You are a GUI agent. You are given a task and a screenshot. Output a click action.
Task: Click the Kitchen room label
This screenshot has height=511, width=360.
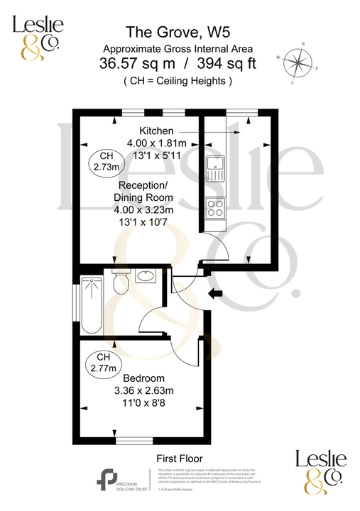(x=156, y=131)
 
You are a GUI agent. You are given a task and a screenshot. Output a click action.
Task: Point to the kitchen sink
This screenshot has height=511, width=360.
(x=215, y=169)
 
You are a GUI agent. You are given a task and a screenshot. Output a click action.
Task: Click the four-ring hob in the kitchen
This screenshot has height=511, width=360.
(x=215, y=207)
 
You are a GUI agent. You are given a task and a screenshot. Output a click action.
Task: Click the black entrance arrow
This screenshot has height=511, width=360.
(x=213, y=292)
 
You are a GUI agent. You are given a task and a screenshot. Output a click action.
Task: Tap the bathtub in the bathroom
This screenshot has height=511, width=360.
(x=92, y=304)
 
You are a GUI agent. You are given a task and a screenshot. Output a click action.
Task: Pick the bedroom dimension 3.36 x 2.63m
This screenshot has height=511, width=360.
(x=143, y=390)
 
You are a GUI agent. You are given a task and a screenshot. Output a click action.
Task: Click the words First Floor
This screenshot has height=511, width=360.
(x=178, y=458)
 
